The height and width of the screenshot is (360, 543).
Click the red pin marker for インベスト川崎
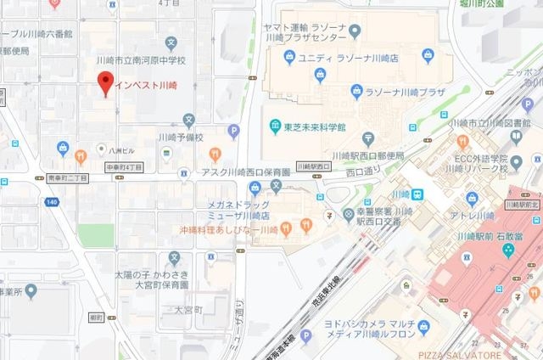pyautogui.click(x=105, y=84)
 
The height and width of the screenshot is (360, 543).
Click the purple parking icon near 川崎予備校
pyautogui.click(x=234, y=130)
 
